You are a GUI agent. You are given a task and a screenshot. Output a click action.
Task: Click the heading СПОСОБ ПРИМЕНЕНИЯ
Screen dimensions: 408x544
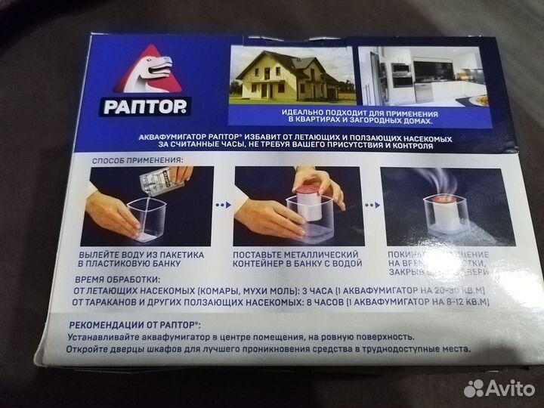click(x=137, y=161)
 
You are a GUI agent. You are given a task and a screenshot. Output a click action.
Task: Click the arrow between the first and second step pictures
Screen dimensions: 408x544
click(x=222, y=204)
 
